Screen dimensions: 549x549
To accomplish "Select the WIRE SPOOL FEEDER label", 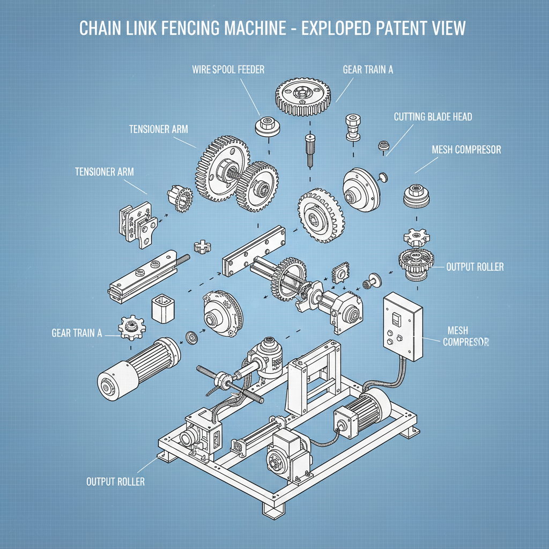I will (x=228, y=69).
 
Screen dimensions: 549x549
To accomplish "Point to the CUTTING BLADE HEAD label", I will (x=433, y=116).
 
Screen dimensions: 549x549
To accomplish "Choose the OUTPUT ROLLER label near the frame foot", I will (x=115, y=481).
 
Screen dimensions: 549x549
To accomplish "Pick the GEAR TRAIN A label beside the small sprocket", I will (x=77, y=333).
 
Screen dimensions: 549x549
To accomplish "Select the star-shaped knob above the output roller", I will (x=416, y=236).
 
